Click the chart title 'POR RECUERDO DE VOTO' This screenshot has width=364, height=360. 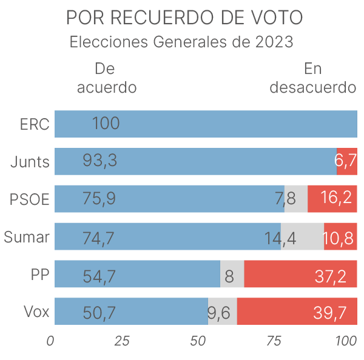point(183,18)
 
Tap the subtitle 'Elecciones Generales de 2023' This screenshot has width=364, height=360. point(182,43)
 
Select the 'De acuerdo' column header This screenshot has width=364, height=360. point(106,78)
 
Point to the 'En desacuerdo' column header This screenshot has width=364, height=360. point(312,78)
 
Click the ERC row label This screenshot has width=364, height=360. point(34,124)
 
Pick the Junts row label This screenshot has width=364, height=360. point(30,162)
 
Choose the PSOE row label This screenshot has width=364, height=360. point(29,199)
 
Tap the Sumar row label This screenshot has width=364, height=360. point(27,237)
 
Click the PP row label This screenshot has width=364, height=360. point(39,275)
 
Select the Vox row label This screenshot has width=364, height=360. point(36,312)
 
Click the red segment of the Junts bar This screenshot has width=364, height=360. point(347,162)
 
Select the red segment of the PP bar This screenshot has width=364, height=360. point(300,275)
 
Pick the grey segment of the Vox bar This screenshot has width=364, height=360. point(223,312)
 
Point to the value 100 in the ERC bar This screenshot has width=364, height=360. point(106,124)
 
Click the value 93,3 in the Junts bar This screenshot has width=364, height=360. point(99,162)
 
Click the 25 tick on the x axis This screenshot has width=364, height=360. point(122,341)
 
